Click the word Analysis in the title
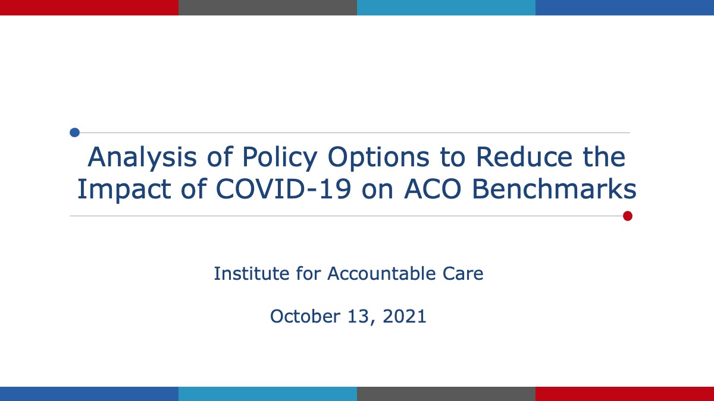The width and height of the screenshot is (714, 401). click(142, 157)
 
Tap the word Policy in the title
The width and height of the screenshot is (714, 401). click(280, 157)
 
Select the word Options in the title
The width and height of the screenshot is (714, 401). click(378, 157)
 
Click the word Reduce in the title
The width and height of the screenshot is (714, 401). click(524, 157)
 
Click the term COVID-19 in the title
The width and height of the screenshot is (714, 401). click(284, 189)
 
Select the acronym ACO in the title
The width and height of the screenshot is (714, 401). click(433, 189)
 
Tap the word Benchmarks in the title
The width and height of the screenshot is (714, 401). click(554, 188)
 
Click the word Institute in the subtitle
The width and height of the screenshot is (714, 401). click(252, 273)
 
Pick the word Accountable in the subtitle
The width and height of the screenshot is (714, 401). click(381, 273)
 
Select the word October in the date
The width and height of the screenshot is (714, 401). click(304, 316)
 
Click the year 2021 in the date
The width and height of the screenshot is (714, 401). click(405, 316)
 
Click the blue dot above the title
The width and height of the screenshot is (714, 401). click(74, 132)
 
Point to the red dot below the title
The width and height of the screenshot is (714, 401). click(628, 216)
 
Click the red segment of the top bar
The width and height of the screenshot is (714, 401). click(89, 8)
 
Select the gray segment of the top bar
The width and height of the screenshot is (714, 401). click(268, 8)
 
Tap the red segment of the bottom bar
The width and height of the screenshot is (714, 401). click(625, 394)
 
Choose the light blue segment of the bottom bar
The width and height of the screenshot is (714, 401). click(268, 394)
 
